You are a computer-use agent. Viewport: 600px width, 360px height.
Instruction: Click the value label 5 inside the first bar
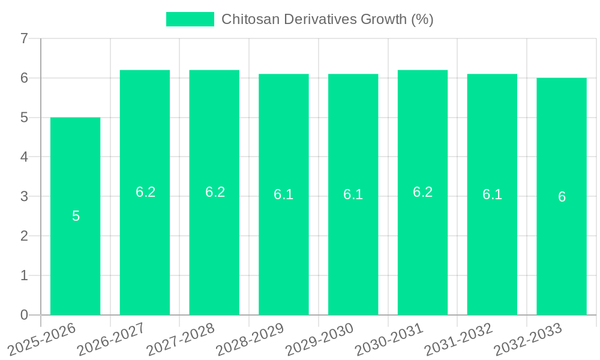tap(76, 216)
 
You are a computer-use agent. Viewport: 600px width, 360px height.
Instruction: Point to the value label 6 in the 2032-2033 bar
tap(562, 197)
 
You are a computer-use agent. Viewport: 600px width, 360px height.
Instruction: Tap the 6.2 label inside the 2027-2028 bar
tap(215, 192)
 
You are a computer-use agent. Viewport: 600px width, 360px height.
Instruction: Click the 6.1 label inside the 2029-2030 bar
tap(353, 194)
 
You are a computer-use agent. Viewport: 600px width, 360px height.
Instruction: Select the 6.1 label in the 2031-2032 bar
tap(492, 194)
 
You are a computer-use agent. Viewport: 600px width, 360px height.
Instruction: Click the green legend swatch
tap(190, 19)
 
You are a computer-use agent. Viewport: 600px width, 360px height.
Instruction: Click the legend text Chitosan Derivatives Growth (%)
tap(327, 19)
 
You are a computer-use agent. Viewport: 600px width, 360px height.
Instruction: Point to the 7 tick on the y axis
tap(24, 39)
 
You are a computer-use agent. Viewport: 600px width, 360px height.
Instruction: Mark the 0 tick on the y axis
tap(24, 315)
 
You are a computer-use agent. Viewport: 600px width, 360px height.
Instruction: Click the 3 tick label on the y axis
tap(24, 196)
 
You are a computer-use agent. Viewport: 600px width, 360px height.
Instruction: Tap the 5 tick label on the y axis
tap(24, 118)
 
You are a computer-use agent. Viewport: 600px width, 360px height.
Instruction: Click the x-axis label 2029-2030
tap(320, 340)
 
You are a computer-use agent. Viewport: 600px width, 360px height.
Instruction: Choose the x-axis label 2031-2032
tap(459, 340)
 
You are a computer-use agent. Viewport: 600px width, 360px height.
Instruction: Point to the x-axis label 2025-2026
tap(42, 340)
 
